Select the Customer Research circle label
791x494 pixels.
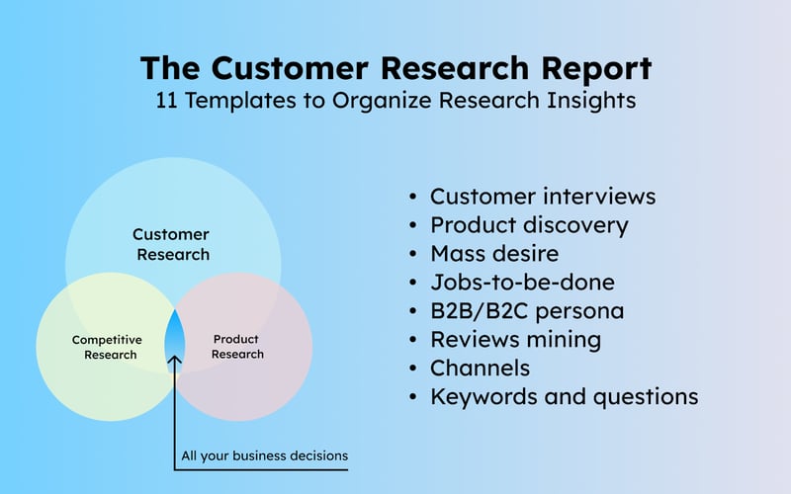171,244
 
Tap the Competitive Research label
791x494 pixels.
107,347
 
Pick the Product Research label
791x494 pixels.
237,347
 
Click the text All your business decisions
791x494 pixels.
264,456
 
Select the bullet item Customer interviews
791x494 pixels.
542,197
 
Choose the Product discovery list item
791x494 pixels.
529,225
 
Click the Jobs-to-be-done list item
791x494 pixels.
521,283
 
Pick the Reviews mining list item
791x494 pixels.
515,340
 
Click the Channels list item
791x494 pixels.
480,369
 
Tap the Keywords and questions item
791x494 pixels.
564,397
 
